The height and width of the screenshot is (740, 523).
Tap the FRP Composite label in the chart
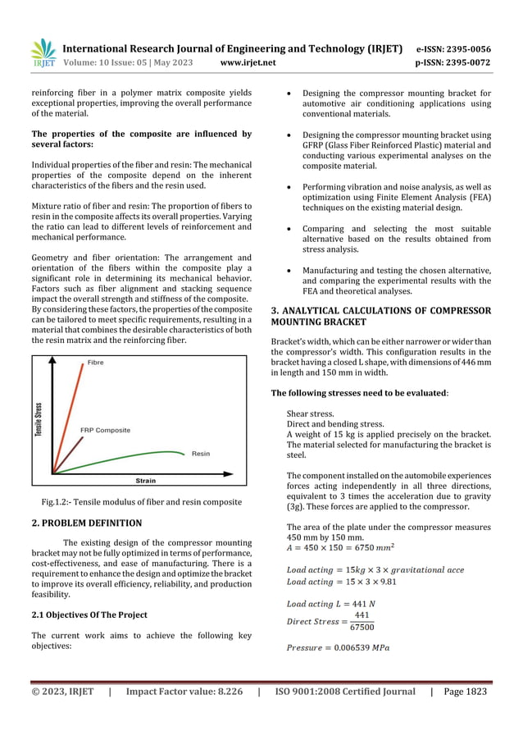coord(105,430)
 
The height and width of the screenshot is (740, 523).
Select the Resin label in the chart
coord(200,454)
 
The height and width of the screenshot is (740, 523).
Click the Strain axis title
coord(147,480)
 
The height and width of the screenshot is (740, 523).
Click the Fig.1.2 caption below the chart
coord(142,501)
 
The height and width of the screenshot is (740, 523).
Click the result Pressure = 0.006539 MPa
coord(338,648)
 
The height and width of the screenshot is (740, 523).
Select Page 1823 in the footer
coord(465,692)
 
